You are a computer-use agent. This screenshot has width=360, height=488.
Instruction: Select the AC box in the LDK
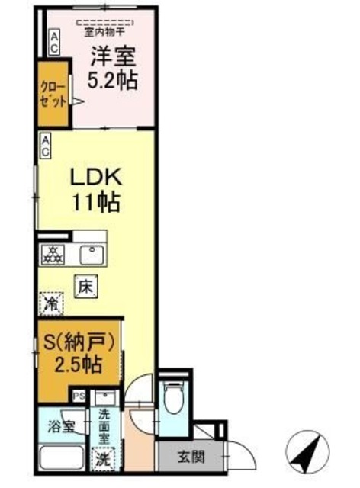point(46,146)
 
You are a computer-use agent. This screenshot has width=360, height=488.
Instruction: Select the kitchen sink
point(94,253)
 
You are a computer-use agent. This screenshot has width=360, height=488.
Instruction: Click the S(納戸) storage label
point(80,340)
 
